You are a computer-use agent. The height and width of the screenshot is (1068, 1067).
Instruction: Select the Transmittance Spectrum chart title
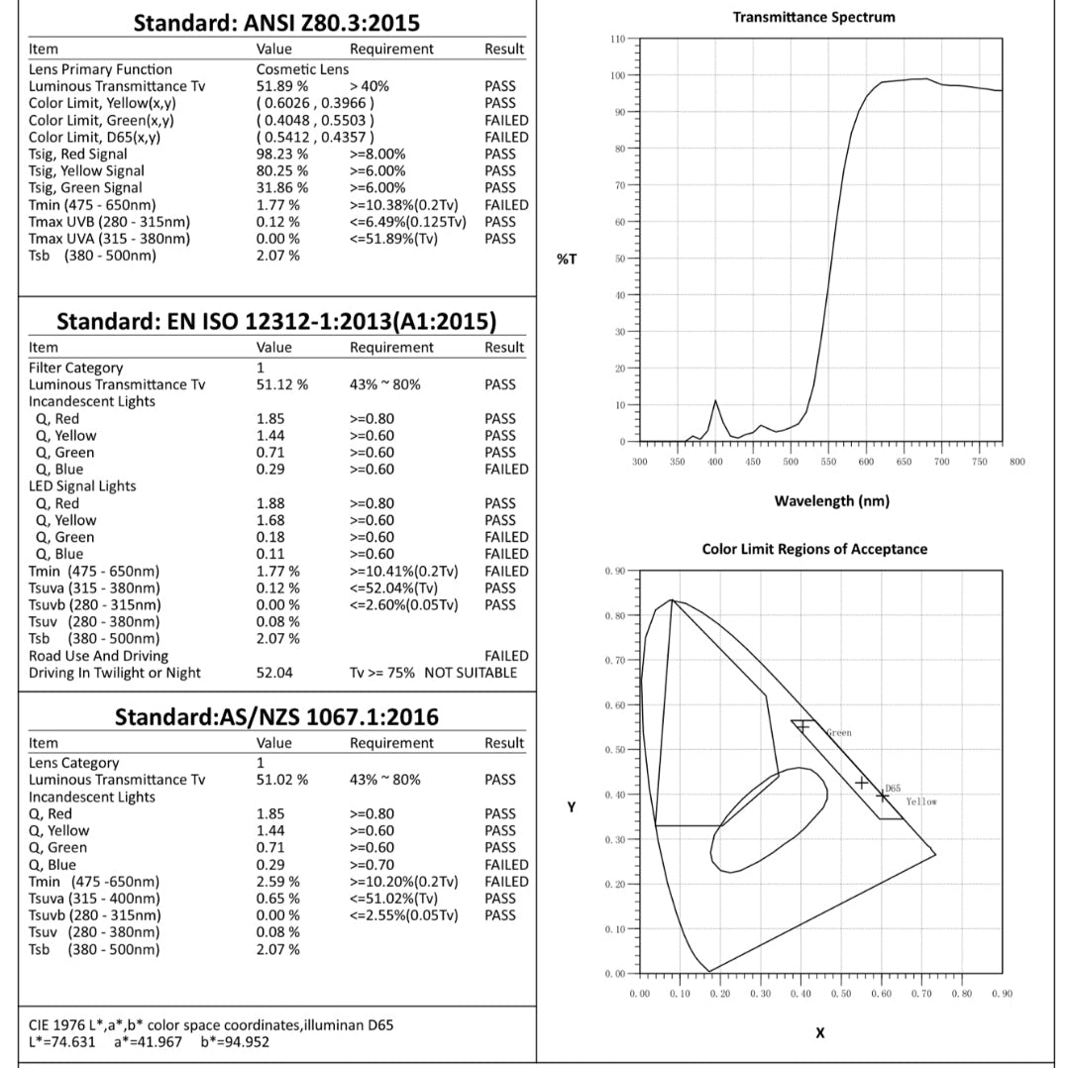click(x=813, y=17)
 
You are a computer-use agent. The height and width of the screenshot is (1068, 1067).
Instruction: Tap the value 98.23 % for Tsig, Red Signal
click(x=281, y=154)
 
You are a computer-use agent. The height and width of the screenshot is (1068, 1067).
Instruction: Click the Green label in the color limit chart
click(x=838, y=733)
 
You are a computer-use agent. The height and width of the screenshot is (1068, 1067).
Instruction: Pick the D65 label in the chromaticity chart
click(x=893, y=788)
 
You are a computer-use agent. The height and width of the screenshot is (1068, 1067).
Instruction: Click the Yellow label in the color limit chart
click(x=920, y=801)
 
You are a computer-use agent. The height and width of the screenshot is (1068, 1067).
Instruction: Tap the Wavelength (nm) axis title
click(x=831, y=500)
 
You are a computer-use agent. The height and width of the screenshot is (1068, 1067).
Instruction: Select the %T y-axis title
click(x=566, y=260)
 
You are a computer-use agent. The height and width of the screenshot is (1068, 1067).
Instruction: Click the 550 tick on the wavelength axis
click(x=829, y=462)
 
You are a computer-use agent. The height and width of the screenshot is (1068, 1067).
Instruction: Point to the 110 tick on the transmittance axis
click(x=618, y=39)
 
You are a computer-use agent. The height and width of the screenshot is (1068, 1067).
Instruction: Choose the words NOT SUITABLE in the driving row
click(x=471, y=673)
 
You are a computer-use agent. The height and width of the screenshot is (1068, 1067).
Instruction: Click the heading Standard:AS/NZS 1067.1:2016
click(x=277, y=716)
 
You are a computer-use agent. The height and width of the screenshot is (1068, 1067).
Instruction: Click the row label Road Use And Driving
click(x=98, y=656)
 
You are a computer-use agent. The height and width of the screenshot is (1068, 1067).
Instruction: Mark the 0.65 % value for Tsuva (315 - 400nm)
click(x=278, y=899)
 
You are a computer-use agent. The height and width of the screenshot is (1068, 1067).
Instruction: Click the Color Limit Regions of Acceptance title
click(x=814, y=549)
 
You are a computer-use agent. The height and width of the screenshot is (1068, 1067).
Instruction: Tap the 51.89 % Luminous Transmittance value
click(x=281, y=86)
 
